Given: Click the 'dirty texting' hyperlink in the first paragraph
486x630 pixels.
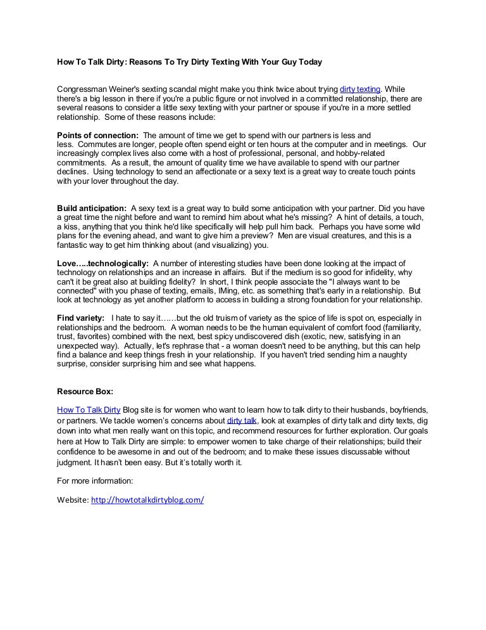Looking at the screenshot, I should (360, 89).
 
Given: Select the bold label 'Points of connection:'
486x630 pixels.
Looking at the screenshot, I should (97, 136).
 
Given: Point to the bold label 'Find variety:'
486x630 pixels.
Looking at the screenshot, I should (81, 318).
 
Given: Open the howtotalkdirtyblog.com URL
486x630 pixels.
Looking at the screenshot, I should (147, 499).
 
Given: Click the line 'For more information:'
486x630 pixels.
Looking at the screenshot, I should (95, 480).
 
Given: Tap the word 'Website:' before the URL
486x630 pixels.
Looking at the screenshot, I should (73, 499).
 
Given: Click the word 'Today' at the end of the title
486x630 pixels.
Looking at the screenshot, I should (309, 62).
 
